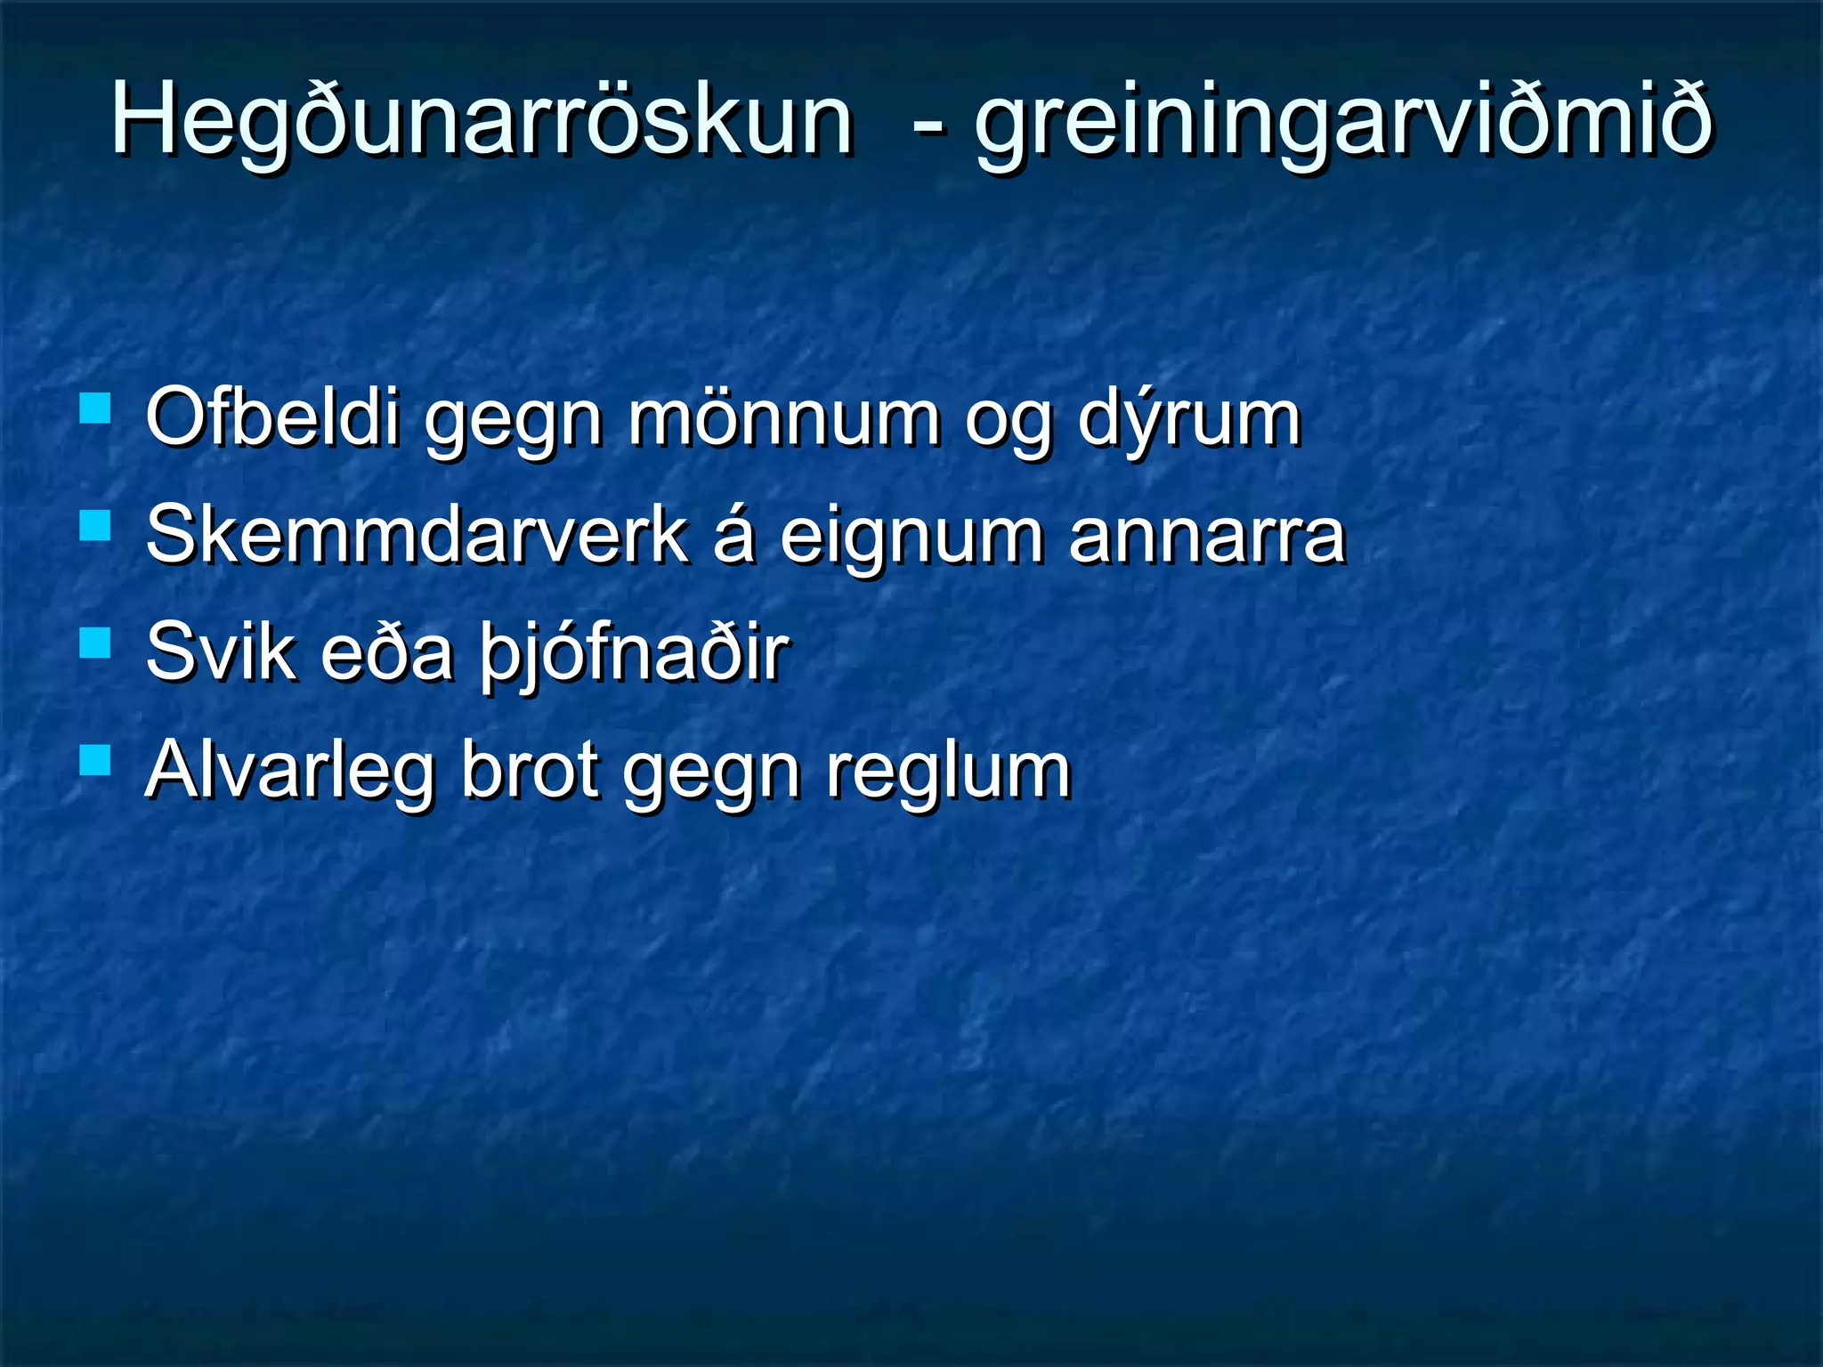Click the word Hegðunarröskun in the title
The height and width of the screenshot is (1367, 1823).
pos(481,120)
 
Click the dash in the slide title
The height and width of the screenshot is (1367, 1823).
pos(928,125)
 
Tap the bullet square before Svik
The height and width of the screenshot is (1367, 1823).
pos(94,643)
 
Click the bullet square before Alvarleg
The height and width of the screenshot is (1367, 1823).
pos(94,761)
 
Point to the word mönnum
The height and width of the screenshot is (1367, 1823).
pos(783,418)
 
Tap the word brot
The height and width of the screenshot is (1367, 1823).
pos(529,771)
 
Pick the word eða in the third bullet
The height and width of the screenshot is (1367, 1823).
pos(386,653)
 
